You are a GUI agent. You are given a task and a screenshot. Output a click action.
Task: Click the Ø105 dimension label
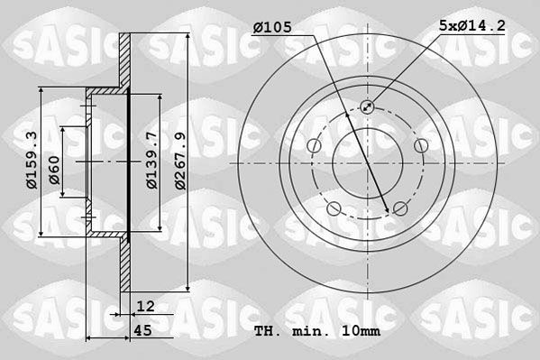271,28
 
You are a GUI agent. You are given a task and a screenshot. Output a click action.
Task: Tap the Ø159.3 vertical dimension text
32,162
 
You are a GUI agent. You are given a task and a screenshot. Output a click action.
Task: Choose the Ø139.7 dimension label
153,162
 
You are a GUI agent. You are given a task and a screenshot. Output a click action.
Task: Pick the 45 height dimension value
142,331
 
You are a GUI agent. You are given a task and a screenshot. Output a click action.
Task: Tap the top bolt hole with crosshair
368,107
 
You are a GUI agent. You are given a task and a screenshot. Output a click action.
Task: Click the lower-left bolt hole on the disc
334,210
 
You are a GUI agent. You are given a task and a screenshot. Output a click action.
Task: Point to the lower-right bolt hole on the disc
401,210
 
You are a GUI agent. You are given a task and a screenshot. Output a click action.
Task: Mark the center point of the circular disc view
368,163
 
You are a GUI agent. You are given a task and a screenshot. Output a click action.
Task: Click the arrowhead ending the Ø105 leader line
389,211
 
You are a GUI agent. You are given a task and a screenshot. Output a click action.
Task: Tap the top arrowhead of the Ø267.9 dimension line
186,37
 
